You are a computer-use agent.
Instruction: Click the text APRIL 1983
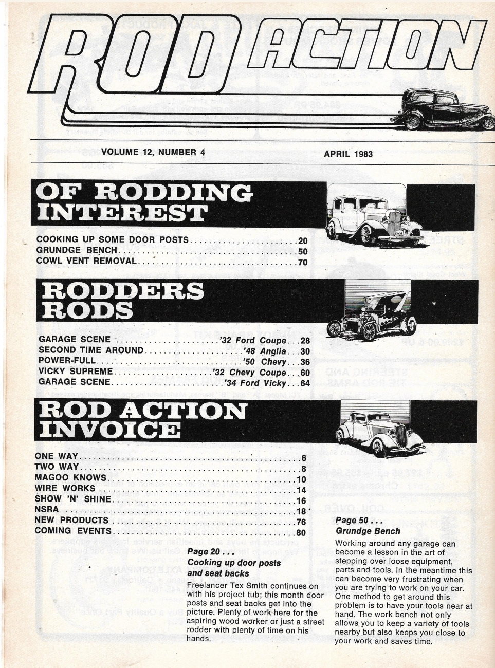coord(348,153)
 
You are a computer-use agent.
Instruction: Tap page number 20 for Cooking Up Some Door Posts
coord(302,240)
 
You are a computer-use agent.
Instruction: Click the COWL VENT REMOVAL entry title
coord(86,261)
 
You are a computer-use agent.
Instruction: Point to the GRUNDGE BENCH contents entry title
coord(77,251)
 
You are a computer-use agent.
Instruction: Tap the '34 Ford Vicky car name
coord(257,383)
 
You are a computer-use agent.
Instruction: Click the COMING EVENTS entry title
coord(73,531)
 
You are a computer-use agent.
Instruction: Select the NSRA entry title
coord(46,509)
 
